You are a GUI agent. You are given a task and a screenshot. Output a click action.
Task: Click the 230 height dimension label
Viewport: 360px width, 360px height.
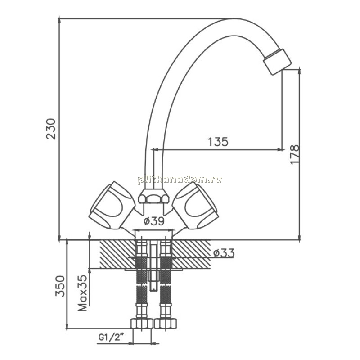(x=51, y=129)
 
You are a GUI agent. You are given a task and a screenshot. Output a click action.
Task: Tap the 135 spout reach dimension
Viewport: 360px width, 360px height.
(x=218, y=142)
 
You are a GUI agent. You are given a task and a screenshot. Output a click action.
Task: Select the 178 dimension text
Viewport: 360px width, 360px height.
(x=295, y=154)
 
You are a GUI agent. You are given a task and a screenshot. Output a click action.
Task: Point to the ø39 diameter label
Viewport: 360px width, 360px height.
(x=154, y=221)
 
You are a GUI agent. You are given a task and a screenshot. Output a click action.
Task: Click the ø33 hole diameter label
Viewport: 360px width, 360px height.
(x=224, y=253)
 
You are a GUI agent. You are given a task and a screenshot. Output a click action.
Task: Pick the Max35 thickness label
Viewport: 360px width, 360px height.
(x=83, y=293)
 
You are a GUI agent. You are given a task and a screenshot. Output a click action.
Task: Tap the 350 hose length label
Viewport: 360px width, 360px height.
(x=60, y=286)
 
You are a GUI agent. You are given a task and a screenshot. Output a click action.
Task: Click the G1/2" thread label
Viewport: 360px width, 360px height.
(x=109, y=337)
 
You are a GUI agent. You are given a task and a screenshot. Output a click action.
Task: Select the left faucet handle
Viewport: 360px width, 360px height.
(x=112, y=205)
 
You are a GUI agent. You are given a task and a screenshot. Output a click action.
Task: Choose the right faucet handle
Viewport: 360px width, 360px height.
(x=195, y=205)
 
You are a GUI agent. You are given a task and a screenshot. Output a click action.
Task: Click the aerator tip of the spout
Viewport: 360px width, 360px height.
(x=277, y=62)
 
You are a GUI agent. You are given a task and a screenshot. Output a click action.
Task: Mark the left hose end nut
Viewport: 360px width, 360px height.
(x=142, y=323)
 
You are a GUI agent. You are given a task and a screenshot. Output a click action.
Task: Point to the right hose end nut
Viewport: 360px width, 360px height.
(x=165, y=323)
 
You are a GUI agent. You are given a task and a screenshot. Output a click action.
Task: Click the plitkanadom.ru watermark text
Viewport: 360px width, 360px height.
(x=180, y=179)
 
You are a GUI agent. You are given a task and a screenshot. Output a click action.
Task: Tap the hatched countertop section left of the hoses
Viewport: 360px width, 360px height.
(x=117, y=254)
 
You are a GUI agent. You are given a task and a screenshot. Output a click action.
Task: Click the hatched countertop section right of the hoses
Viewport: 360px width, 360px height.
(x=191, y=254)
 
